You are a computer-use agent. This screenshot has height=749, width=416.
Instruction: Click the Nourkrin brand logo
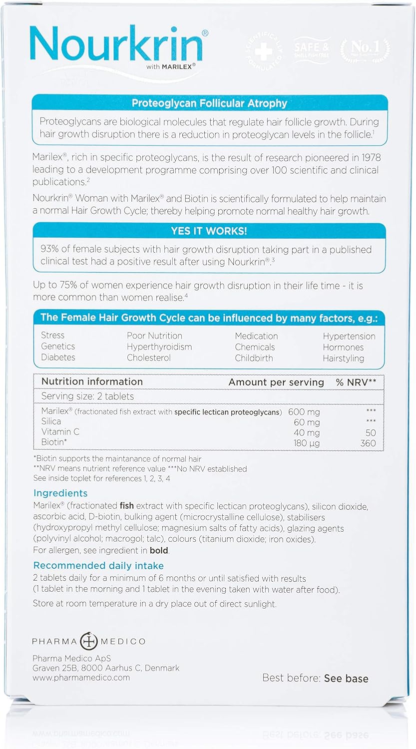tap(118, 46)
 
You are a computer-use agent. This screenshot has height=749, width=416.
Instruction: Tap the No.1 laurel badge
tap(366, 50)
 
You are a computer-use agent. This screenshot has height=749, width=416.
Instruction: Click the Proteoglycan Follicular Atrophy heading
tap(209, 103)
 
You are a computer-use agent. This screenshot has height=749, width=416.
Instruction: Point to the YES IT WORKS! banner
tap(209, 231)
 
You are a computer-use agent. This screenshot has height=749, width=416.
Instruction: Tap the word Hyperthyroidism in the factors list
tap(159, 347)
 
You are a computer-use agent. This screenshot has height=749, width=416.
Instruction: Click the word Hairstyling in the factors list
tap(343, 359)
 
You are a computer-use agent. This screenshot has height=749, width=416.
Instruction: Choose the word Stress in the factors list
tap(52, 335)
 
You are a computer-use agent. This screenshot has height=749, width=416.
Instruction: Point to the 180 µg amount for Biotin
tap(307, 443)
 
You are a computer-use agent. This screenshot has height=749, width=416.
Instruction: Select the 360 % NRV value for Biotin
tap(368, 443)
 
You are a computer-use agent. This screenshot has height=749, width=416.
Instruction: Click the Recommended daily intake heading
tap(98, 566)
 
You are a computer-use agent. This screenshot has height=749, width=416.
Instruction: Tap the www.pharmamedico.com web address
tap(81, 678)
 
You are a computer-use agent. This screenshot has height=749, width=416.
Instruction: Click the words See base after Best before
tap(346, 678)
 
